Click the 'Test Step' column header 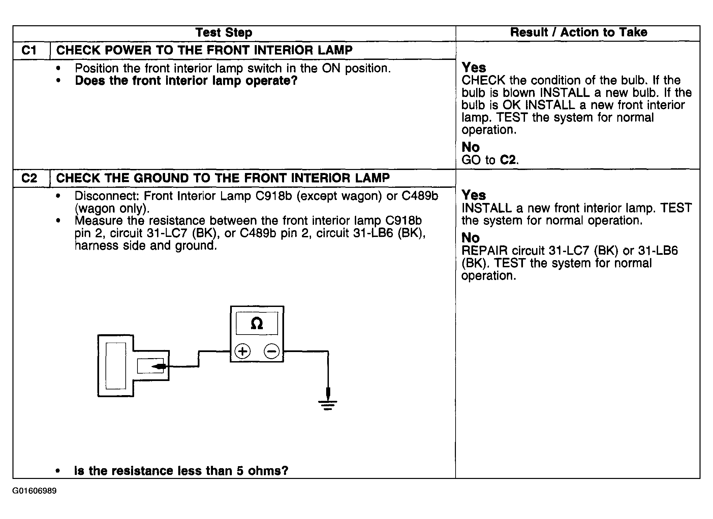[x=224, y=33]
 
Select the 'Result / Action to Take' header [x=578, y=32]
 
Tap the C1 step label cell [x=29, y=50]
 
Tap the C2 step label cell [x=29, y=178]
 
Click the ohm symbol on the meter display [x=257, y=323]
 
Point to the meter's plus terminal [x=242, y=351]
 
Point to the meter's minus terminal [x=271, y=351]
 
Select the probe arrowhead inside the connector [x=158, y=366]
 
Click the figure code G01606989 [x=34, y=491]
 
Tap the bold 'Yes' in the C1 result [x=474, y=68]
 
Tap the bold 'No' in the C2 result [x=470, y=238]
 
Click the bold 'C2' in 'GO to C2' [x=508, y=160]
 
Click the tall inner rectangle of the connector [x=116, y=366]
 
